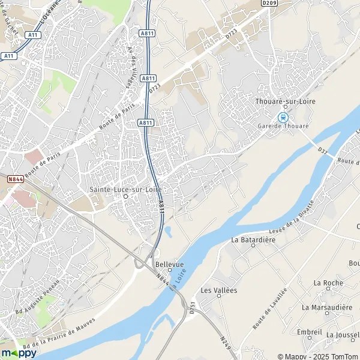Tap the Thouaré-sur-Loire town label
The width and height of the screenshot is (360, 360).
(285, 101)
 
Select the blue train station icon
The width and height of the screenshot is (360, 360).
(283, 118)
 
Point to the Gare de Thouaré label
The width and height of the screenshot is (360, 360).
(283, 127)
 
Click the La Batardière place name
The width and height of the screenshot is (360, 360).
(253, 239)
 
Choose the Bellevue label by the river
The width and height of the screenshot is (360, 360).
(169, 263)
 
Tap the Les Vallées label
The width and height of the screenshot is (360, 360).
(219, 290)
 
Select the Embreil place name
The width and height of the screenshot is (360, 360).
(310, 332)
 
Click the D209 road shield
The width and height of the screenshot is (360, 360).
(269, 3)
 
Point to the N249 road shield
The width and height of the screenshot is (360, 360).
(225, 342)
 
